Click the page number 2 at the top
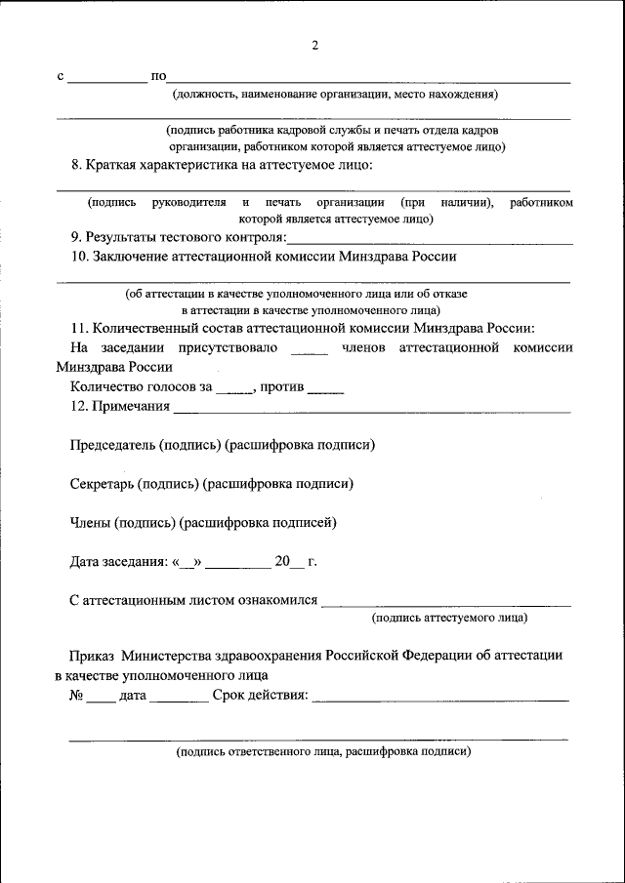314,45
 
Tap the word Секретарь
102,483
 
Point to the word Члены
90,522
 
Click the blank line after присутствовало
310,349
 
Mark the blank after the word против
325,388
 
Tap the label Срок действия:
260,695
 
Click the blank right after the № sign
101,697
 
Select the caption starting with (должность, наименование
335,95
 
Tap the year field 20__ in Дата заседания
289,561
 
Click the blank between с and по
106,77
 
